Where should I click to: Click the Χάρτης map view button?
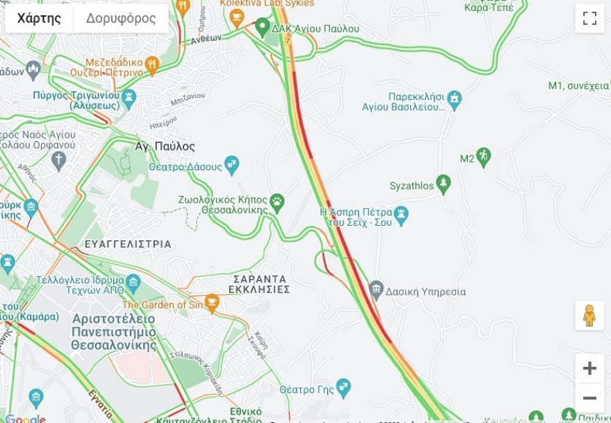tap(39, 19)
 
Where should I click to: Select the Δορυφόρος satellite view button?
tap(121, 19)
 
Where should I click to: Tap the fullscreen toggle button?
tap(589, 19)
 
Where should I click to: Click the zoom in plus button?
tap(589, 368)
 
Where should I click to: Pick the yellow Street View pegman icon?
tap(589, 316)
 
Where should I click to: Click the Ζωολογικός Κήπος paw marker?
tap(277, 202)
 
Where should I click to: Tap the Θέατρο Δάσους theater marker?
tap(232, 165)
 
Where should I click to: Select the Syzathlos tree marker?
tap(444, 184)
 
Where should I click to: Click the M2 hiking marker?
tap(483, 157)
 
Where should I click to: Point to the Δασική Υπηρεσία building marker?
tap(376, 290)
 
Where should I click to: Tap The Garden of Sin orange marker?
tap(212, 303)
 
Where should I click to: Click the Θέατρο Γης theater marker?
tap(343, 387)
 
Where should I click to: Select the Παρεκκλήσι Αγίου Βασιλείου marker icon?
tap(454, 99)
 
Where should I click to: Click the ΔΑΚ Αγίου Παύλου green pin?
tap(262, 28)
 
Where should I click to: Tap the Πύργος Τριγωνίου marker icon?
tap(128, 98)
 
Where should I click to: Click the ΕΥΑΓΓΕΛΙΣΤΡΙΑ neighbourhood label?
tap(128, 244)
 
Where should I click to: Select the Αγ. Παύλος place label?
tap(165, 147)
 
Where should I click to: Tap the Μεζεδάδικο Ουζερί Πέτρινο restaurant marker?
tap(152, 66)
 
